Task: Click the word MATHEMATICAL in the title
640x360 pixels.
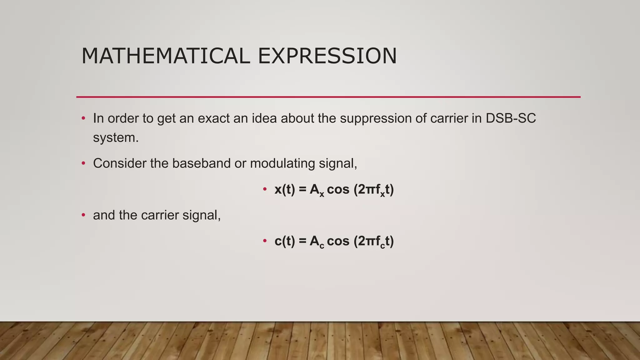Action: tap(166, 56)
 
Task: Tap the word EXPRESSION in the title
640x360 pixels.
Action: tap(327, 56)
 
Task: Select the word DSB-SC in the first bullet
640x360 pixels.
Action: tap(511, 118)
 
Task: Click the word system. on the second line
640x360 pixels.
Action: tap(116, 138)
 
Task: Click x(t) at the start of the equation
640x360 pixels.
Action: tap(285, 189)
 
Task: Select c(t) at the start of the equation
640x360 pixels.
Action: tap(285, 241)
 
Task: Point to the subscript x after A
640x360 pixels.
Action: tap(322, 194)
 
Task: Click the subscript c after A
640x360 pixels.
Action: tap(322, 246)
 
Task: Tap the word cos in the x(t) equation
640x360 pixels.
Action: tap(338, 189)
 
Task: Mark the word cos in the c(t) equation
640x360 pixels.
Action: tap(338, 241)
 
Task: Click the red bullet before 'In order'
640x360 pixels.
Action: tap(83, 118)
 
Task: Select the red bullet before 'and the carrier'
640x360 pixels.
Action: tap(83, 215)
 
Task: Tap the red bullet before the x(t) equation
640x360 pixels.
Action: tap(265, 189)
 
